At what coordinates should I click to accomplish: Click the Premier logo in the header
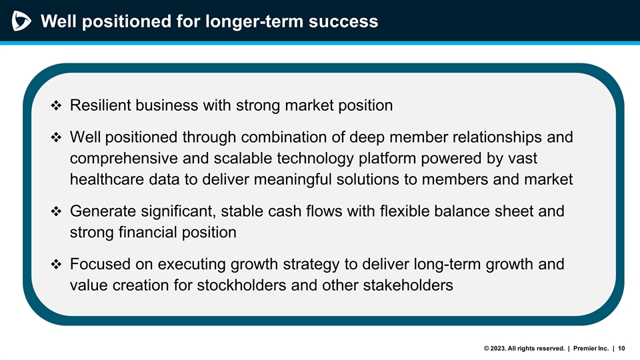click(x=21, y=22)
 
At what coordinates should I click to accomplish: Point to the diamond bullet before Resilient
click(x=57, y=106)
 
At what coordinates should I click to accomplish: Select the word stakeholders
click(x=409, y=285)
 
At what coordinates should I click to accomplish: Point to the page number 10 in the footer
click(x=622, y=348)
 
